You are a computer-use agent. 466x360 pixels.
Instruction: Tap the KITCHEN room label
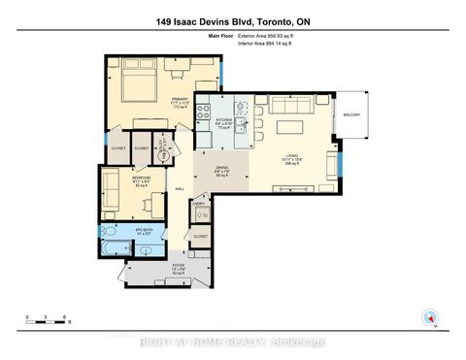click(222, 120)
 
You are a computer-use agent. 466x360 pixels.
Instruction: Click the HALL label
click(179, 188)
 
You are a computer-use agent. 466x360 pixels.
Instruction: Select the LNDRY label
click(200, 205)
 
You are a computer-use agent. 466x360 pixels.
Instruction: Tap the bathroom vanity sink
click(146, 250)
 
